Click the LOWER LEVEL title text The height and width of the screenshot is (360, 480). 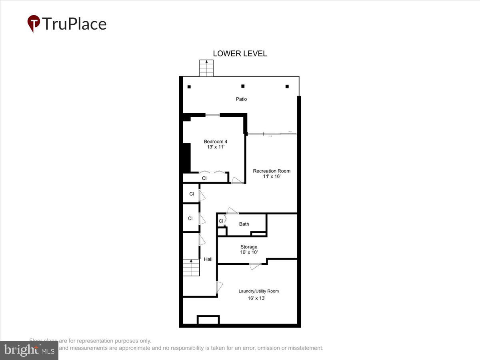tap(240, 54)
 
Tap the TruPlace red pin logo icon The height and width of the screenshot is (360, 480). tap(34, 23)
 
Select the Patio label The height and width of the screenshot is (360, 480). tap(241, 99)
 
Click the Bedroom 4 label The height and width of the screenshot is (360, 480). tap(216, 141)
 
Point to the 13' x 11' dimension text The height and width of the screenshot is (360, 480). tap(216, 147)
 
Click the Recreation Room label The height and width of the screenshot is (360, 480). tap(272, 171)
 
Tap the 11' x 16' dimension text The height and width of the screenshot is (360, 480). tap(272, 176)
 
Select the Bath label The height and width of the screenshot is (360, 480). tap(244, 224)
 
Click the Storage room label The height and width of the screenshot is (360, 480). tap(249, 247)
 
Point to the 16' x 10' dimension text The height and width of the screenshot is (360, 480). tap(249, 252)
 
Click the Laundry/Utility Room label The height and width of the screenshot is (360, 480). tap(259, 291)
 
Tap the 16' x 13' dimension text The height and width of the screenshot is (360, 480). tap(257, 298)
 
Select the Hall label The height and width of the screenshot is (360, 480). tap(208, 259)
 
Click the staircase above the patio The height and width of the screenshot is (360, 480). tap(207, 68)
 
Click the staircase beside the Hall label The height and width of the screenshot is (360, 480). tap(191, 268)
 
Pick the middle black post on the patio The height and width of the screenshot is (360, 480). tap(243, 86)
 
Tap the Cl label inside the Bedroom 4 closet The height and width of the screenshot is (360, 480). tap(204, 178)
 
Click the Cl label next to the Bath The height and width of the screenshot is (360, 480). tap(221, 221)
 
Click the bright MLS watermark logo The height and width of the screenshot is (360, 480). tap(29, 350)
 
